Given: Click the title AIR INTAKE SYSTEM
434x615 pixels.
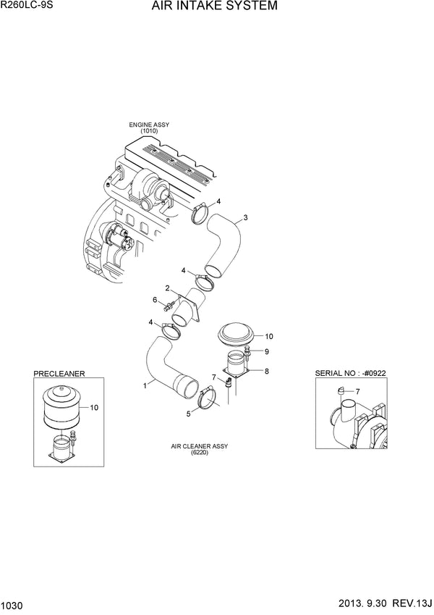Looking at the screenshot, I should coord(213,8).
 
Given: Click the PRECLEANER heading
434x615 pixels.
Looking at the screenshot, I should coord(59,374).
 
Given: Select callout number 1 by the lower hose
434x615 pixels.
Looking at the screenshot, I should coord(145,385).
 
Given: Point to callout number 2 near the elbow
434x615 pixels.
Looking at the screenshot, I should coord(167,288).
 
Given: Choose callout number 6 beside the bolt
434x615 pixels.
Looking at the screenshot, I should coord(155,300).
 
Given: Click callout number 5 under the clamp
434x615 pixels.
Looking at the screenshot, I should coord(190,414).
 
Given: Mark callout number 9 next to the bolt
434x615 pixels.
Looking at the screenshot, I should coord(266,352).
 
